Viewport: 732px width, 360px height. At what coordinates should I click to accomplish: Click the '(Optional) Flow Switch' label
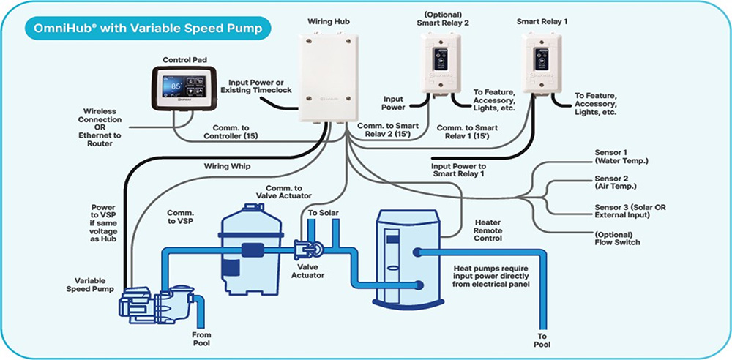pyautogui.click(x=619, y=238)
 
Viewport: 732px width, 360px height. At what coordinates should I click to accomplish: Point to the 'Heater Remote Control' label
pyautogui.click(x=488, y=230)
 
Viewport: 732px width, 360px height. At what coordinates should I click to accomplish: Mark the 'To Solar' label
pyautogui.click(x=322, y=212)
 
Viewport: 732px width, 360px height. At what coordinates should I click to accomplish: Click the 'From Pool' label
pyautogui.click(x=201, y=337)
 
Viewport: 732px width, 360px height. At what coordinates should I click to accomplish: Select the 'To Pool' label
pyautogui.click(x=542, y=337)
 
